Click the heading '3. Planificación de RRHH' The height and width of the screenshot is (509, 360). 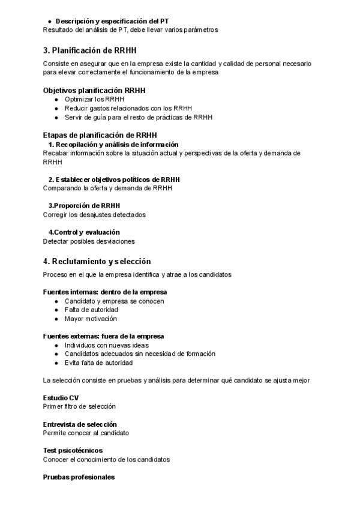point(94,50)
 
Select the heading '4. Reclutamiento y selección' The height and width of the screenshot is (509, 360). point(97,261)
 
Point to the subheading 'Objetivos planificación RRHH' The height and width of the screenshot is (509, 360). point(95,91)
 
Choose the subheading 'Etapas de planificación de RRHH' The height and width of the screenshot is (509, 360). point(100,136)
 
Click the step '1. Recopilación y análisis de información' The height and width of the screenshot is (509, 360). point(113,145)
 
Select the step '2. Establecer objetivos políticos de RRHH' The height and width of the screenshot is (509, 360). point(114,179)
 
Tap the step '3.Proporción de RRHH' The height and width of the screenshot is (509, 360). point(84,205)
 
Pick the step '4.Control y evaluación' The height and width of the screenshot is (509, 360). point(84,232)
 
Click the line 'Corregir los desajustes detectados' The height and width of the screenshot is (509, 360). point(94,214)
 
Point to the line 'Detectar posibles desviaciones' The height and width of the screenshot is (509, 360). point(89,241)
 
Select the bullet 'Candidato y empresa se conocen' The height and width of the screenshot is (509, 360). point(114,301)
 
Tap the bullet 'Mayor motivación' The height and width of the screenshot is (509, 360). point(91,319)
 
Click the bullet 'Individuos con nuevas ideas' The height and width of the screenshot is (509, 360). point(106,345)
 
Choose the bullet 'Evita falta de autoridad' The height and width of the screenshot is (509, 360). point(99,363)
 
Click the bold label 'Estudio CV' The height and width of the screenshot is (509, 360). point(61,398)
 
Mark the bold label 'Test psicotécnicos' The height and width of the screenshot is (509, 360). point(73,450)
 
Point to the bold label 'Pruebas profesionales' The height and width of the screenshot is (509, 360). point(79,477)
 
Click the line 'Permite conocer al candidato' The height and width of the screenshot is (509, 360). point(86,433)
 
